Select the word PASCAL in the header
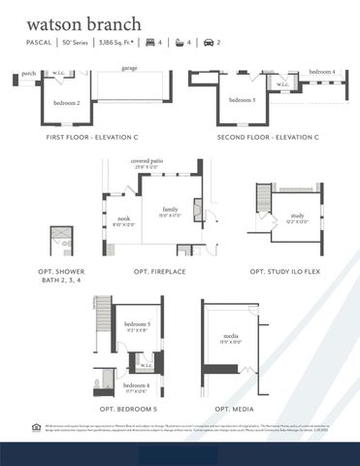point(40,43)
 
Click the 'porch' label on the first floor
point(29,73)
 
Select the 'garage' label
point(128,68)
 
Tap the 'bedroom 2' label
point(67,103)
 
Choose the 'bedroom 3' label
point(243,100)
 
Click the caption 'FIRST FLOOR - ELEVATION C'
point(93,138)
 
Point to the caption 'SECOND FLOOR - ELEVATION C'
point(268,138)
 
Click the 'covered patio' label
point(147,162)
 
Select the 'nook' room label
point(123,219)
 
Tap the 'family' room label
point(171,209)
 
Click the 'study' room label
point(297,216)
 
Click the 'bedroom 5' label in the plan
point(137,323)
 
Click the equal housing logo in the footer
point(37,426)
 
